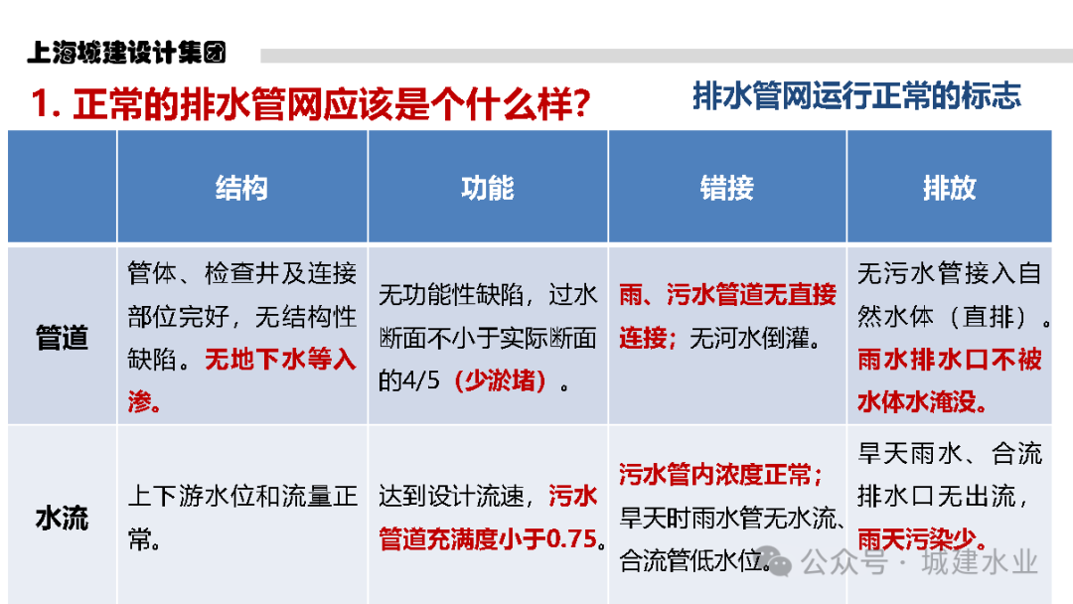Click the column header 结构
tap(241, 188)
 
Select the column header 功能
tap(488, 188)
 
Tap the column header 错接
tap(727, 188)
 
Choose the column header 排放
tap(949, 188)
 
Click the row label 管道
tap(62, 338)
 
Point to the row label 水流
tap(62, 518)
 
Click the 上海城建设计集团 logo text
tap(127, 52)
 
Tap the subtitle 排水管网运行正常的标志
tap(856, 96)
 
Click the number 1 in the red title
tap(41, 105)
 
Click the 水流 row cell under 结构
tap(241, 518)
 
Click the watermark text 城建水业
tap(979, 563)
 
